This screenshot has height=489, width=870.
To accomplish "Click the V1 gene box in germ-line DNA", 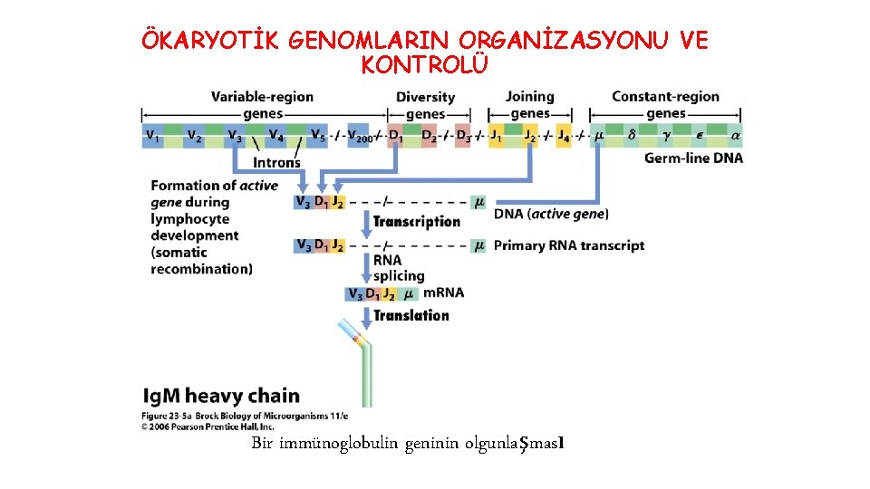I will click(152, 137).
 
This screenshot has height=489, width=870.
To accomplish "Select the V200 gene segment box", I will click(362, 137).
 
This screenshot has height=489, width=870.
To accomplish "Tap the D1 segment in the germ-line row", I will click(396, 137).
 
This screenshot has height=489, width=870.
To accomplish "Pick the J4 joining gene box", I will click(564, 137).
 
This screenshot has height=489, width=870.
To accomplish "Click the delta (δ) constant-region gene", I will click(633, 137).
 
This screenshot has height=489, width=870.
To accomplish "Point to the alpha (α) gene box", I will click(735, 137).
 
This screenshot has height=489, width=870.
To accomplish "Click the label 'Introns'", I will click(276, 163).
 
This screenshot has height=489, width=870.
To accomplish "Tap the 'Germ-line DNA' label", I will click(693, 158).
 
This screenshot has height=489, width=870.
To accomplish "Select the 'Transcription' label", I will click(417, 222).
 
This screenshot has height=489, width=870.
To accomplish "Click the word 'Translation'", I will click(411, 315).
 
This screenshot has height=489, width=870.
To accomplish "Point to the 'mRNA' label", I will click(443, 292).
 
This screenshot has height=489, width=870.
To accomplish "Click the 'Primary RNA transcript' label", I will click(569, 245).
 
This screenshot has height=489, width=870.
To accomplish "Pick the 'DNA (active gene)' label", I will click(551, 214).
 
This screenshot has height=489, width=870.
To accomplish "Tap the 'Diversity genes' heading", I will click(425, 105).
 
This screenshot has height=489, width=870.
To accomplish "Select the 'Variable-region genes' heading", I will click(262, 105).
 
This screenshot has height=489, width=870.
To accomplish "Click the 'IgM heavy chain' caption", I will click(221, 396).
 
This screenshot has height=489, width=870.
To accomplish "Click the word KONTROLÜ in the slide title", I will click(425, 65).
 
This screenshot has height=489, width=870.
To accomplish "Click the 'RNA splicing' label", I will click(398, 268).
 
